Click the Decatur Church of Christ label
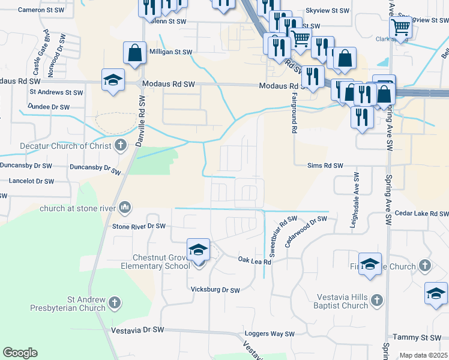coord(58,146)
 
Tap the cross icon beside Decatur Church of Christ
coord(121,145)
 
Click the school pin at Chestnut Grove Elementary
coord(198,250)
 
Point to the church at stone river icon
coord(125,208)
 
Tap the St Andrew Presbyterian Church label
coord(69,304)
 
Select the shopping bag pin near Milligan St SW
coord(135,53)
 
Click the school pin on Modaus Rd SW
coord(113,81)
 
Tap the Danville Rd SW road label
coord(142,117)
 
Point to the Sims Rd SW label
coord(325,165)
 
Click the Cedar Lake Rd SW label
coord(419,214)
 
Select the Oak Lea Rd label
coord(255,260)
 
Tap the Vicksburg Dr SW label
coord(215,290)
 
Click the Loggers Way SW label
coord(270,334)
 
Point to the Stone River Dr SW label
coord(139,226)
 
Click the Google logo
coord(20,353)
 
